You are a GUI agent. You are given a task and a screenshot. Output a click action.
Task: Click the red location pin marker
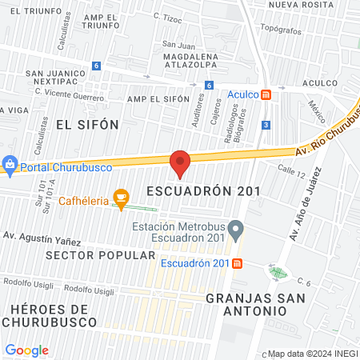click(180, 163)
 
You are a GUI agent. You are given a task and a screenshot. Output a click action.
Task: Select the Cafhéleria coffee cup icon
click(121, 198)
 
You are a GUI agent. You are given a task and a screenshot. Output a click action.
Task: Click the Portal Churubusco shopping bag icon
click(10, 166)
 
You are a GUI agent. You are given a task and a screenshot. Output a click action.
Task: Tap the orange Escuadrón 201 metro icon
click(238, 264)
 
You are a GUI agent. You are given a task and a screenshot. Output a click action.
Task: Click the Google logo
click(26, 350)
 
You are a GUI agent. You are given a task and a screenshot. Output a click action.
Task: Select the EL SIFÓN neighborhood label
click(87, 124)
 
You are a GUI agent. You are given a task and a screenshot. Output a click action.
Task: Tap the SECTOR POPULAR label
click(101, 254)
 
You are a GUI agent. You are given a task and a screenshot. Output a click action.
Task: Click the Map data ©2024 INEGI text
click(312, 354)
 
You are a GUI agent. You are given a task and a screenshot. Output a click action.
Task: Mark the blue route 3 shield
click(266, 124)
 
